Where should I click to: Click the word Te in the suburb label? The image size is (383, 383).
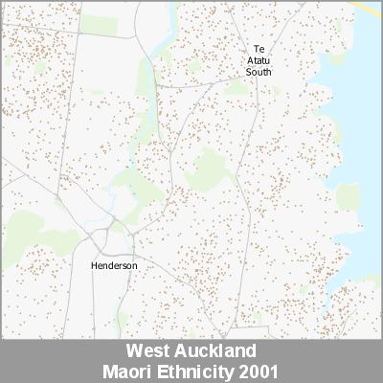(259, 49)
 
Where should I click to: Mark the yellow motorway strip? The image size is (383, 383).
(368, 7)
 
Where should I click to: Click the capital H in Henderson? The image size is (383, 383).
(94, 264)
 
